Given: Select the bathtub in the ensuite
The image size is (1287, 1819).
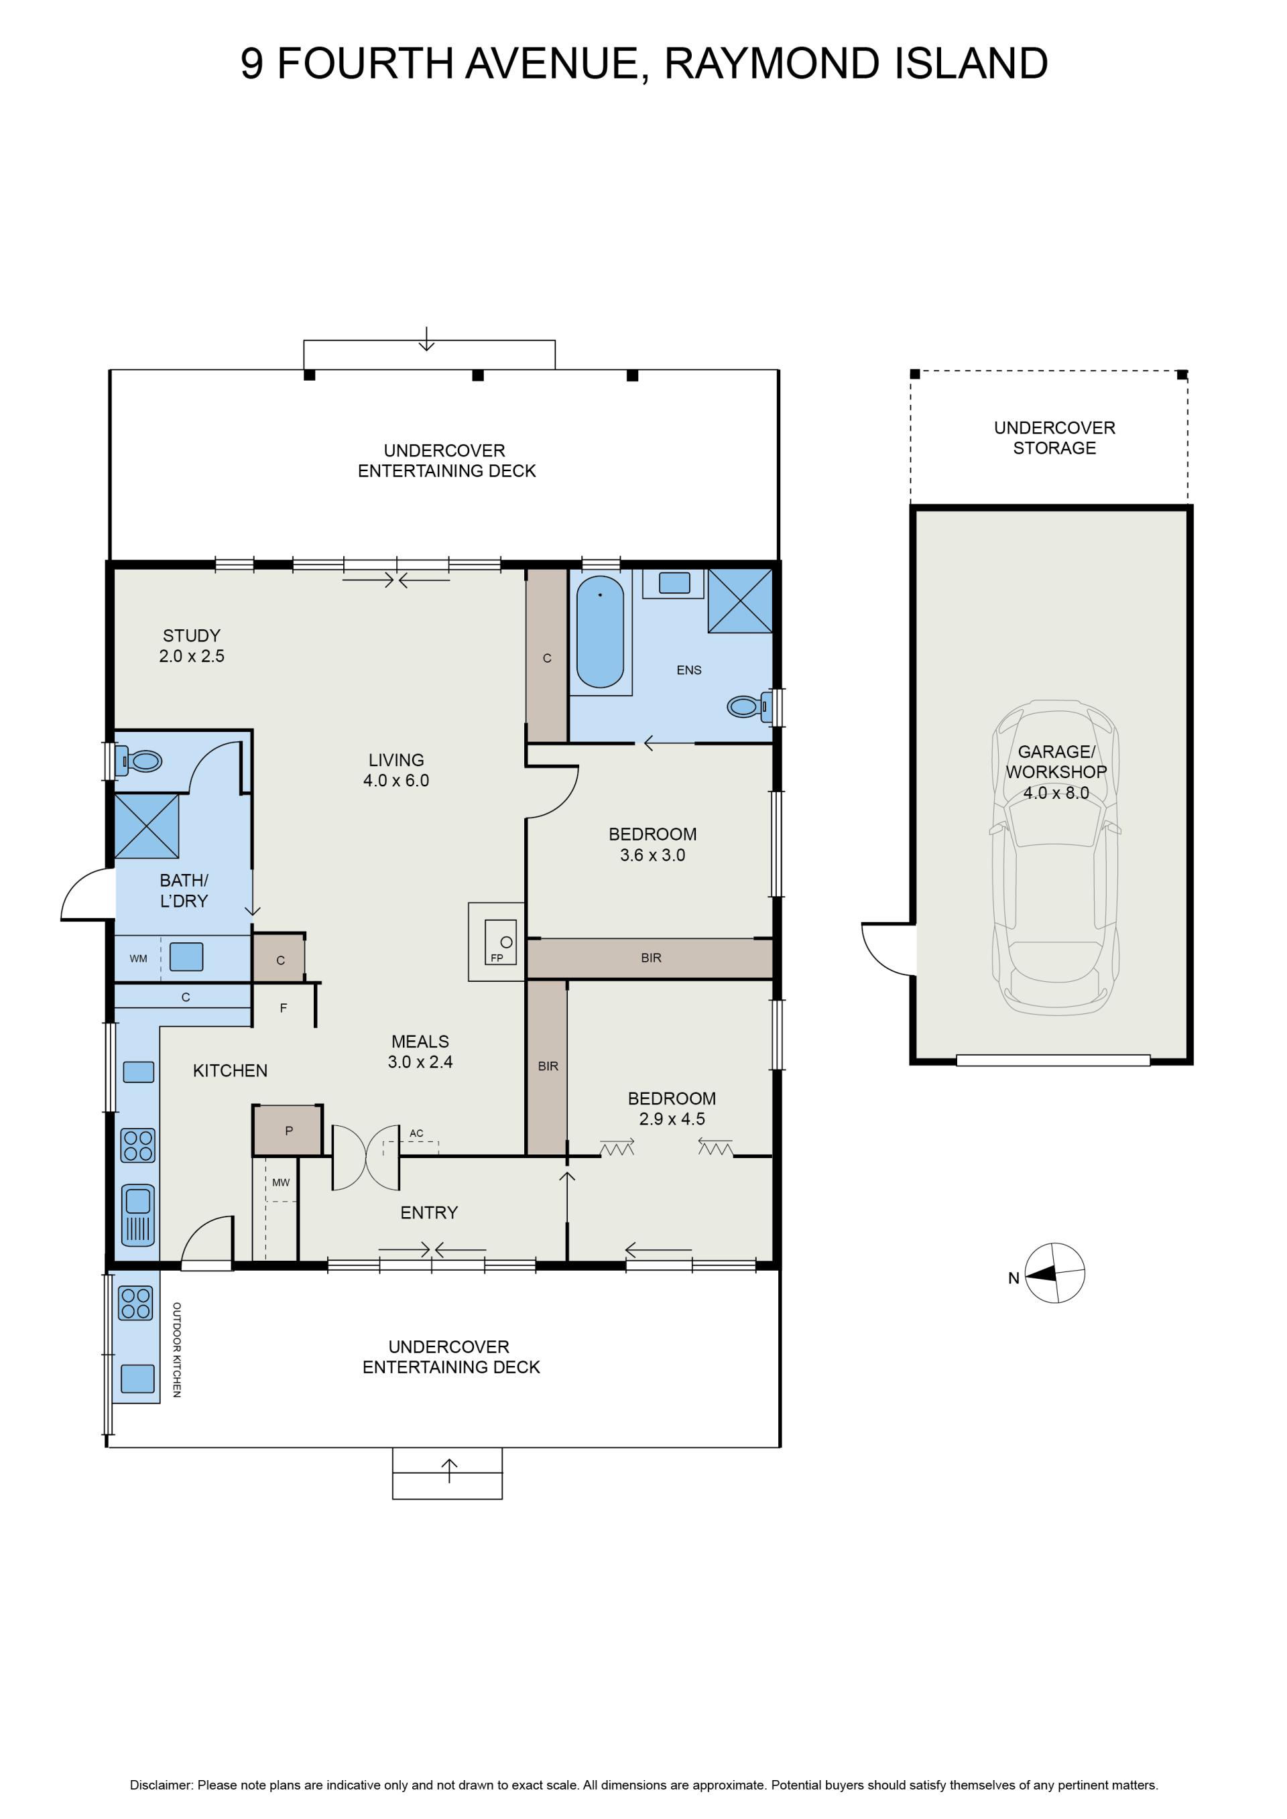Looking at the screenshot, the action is pyautogui.click(x=600, y=631).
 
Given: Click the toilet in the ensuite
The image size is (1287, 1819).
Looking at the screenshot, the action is pyautogui.click(x=749, y=705).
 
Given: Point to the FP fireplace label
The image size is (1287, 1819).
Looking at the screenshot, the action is pyautogui.click(x=497, y=958).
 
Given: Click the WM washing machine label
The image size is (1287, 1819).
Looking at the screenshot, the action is pyautogui.click(x=138, y=958).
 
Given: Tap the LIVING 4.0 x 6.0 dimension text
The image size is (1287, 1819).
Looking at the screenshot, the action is pyautogui.click(x=396, y=780).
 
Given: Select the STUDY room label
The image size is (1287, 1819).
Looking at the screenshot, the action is pyautogui.click(x=192, y=635).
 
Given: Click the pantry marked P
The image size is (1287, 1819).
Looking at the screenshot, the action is pyautogui.click(x=288, y=1131).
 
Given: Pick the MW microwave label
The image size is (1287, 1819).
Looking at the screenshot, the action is pyautogui.click(x=282, y=1183).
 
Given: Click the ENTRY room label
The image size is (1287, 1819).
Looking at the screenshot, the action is pyautogui.click(x=429, y=1213).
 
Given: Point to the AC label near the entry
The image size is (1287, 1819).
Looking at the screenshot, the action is pyautogui.click(x=417, y=1134).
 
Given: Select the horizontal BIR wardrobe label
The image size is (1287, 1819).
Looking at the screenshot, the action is pyautogui.click(x=652, y=958).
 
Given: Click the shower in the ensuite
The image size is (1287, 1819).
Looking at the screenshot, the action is pyautogui.click(x=740, y=601).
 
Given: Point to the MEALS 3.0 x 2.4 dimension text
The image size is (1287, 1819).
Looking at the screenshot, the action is pyautogui.click(x=420, y=1062).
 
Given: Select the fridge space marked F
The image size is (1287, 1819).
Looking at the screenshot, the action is pyautogui.click(x=284, y=1008).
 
